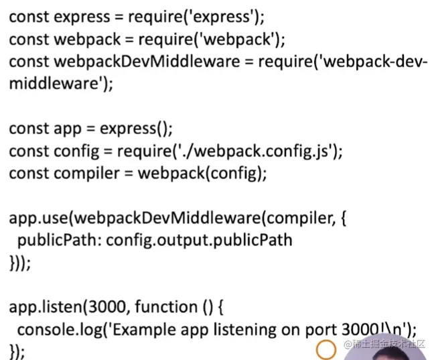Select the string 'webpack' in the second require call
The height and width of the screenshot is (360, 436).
point(237,39)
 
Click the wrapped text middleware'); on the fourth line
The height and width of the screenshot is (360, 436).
point(61,84)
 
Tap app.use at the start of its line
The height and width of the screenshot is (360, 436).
point(38,218)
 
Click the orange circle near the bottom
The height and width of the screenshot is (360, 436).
point(325,349)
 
